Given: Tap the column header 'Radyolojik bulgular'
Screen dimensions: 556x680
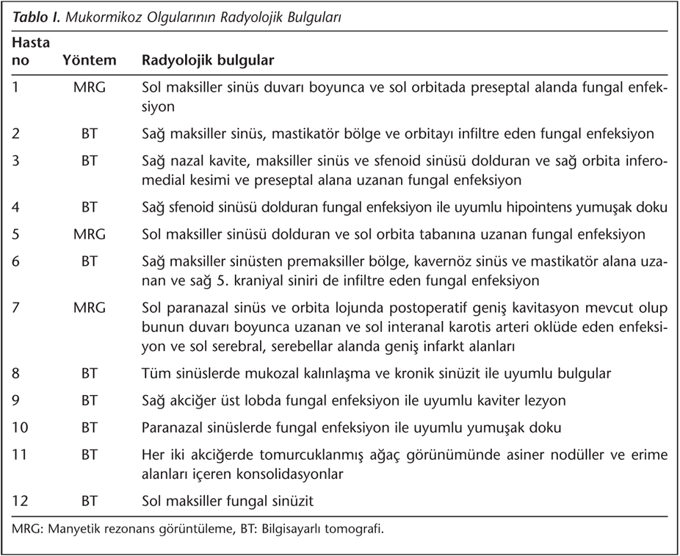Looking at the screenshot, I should click(x=207, y=60).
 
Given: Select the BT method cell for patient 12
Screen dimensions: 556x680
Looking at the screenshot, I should click(x=90, y=502).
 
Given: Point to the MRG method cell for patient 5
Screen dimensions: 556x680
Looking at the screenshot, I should click(x=90, y=235).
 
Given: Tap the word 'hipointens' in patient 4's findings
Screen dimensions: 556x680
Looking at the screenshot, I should click(x=520, y=208).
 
